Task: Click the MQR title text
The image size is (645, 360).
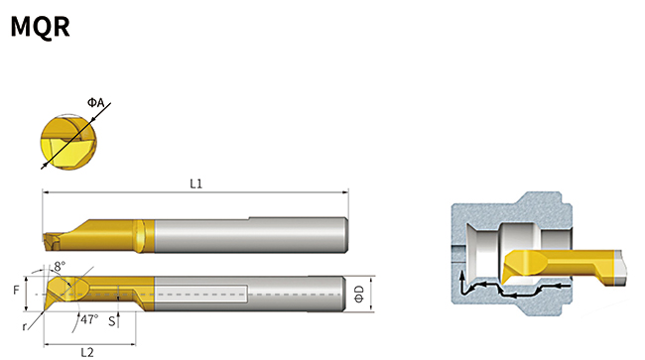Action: click(x=40, y=27)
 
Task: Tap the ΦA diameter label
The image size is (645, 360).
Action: click(x=96, y=103)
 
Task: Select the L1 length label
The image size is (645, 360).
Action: click(x=196, y=184)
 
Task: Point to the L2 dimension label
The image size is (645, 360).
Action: click(x=86, y=352)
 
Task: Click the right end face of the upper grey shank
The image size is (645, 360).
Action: click(x=345, y=233)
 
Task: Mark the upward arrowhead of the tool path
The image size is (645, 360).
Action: click(x=463, y=272)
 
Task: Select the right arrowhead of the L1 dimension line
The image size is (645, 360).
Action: click(x=344, y=192)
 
